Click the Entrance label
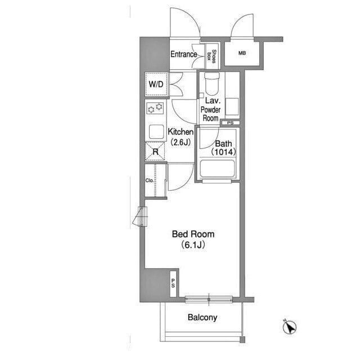[184, 54]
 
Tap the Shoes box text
[211, 56]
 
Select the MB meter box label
[242, 53]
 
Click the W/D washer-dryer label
[156, 84]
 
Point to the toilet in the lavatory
[211, 83]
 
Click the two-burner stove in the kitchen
[155, 108]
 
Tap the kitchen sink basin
[156, 132]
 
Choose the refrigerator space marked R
[155, 151]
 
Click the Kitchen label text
[181, 132]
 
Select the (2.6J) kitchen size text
[181, 142]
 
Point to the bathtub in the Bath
[217, 168]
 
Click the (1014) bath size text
[224, 152]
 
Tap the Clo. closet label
[150, 181]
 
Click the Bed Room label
[193, 234]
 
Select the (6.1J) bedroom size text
[193, 245]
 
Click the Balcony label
[202, 317]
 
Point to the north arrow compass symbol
[290, 326]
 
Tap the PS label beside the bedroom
[173, 283]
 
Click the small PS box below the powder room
[230, 123]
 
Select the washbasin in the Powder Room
[232, 106]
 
